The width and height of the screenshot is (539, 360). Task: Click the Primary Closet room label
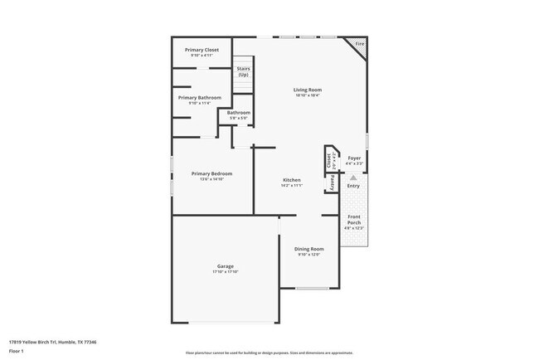[202, 50]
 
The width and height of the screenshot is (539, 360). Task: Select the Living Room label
[307, 90]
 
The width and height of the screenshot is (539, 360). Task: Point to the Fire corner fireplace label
[359, 43]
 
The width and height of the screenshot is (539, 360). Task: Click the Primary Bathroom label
[200, 98]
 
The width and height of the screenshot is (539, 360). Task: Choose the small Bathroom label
[239, 113]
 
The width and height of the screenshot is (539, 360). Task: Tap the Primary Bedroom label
[211, 173]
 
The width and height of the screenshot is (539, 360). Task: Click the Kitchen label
[291, 180]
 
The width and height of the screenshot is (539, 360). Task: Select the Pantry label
[333, 182]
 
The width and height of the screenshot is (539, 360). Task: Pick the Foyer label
[354, 158]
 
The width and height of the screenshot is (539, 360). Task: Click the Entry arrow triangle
[354, 177]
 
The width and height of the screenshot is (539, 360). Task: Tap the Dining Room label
[308, 249]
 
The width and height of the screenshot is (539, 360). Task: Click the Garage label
[225, 265]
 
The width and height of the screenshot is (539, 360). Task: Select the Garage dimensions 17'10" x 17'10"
[225, 272]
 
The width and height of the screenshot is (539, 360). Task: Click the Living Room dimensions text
[307, 96]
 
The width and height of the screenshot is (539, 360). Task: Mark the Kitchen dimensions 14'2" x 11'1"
[291, 186]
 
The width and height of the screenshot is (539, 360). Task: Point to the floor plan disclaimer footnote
[269, 353]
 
